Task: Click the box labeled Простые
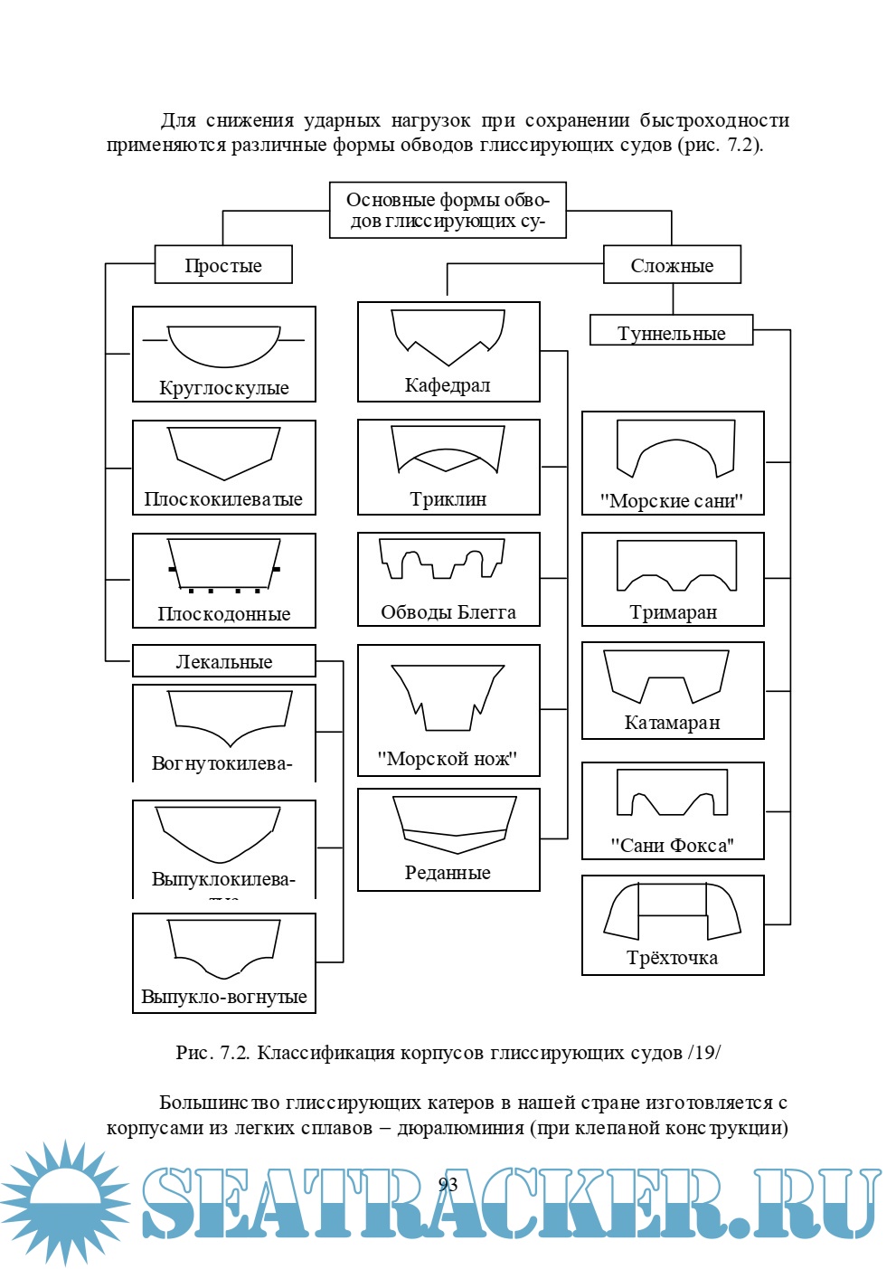(x=223, y=265)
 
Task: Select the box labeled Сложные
(x=672, y=265)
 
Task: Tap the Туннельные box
(x=671, y=332)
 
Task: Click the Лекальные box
(x=223, y=661)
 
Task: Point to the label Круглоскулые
(x=223, y=388)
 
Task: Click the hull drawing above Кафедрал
(x=448, y=336)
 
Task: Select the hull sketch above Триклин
(x=448, y=450)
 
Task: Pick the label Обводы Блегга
(x=448, y=612)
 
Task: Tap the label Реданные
(x=448, y=873)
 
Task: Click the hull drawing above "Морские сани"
(x=674, y=448)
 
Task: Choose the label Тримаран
(x=673, y=612)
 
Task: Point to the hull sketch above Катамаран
(x=665, y=677)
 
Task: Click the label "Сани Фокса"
(x=672, y=846)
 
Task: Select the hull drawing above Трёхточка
(x=673, y=912)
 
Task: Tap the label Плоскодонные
(x=223, y=614)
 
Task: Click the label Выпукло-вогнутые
(x=223, y=997)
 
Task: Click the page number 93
(x=448, y=1185)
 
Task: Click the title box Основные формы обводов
(x=448, y=210)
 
